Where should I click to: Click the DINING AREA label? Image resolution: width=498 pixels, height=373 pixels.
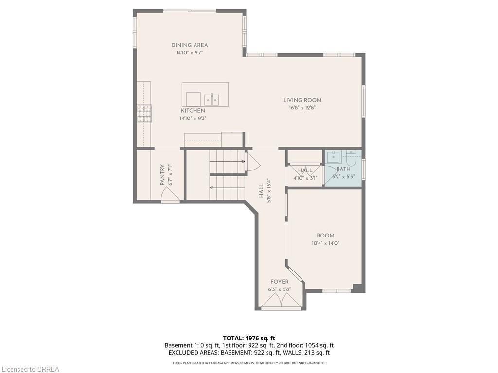pyautogui.click(x=189, y=45)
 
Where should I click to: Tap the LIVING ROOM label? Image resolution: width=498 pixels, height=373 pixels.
pyautogui.click(x=302, y=100)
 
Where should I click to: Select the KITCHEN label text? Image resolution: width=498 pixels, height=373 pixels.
pyautogui.click(x=193, y=111)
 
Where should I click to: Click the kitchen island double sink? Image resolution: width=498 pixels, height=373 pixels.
pyautogui.click(x=212, y=100)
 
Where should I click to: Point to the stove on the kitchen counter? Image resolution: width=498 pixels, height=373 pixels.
pyautogui.click(x=144, y=114)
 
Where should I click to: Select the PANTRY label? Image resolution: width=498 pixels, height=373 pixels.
pyautogui.click(x=163, y=175)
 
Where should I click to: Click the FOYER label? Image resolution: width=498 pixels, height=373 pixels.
pyautogui.click(x=279, y=282)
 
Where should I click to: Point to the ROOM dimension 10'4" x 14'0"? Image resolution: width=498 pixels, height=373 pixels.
pyautogui.click(x=325, y=243)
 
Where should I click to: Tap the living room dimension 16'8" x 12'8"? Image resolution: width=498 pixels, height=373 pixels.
pyautogui.click(x=302, y=108)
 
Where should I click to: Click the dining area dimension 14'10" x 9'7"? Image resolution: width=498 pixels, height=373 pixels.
pyautogui.click(x=189, y=53)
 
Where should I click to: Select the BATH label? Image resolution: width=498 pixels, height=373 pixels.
pyautogui.click(x=343, y=169)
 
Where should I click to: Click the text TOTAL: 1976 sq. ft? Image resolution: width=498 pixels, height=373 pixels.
pyautogui.click(x=249, y=338)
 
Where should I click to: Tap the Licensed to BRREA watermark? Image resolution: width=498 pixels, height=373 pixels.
pyautogui.click(x=30, y=369)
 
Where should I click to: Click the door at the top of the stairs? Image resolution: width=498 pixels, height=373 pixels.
pyautogui.click(x=253, y=161)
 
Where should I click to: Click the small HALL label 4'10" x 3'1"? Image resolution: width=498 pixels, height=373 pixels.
pyautogui.click(x=305, y=174)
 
